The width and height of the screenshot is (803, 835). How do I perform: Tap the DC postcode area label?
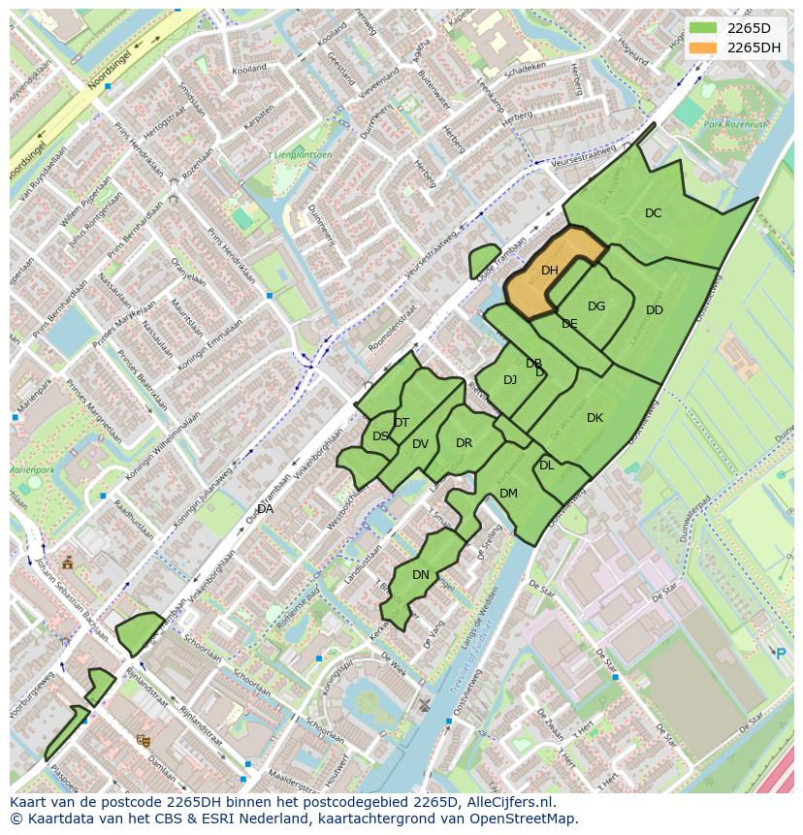[x=654, y=213]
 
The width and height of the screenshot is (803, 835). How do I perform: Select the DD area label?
[x=655, y=310]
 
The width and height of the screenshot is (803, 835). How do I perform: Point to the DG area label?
[x=596, y=306]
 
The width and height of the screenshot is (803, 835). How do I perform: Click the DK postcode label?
[x=594, y=418]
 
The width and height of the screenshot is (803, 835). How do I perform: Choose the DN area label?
[x=421, y=575]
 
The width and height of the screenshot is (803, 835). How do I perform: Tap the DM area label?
[x=508, y=494]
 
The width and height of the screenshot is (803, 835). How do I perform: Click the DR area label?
[x=464, y=443]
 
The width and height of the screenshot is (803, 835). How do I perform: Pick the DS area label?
[x=380, y=436]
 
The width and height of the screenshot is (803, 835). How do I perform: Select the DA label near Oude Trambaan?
[x=265, y=509]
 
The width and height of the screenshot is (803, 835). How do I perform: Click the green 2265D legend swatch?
[x=703, y=28]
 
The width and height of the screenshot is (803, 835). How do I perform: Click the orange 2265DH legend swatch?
[x=703, y=48]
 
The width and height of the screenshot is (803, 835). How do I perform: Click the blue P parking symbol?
[x=781, y=654]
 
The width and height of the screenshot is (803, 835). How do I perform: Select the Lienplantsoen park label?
[x=304, y=154]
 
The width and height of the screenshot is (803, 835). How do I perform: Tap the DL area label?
[x=547, y=466]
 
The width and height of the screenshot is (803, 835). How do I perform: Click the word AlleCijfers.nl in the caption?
[x=507, y=802]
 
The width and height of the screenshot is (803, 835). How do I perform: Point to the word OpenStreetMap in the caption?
[x=527, y=819]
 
